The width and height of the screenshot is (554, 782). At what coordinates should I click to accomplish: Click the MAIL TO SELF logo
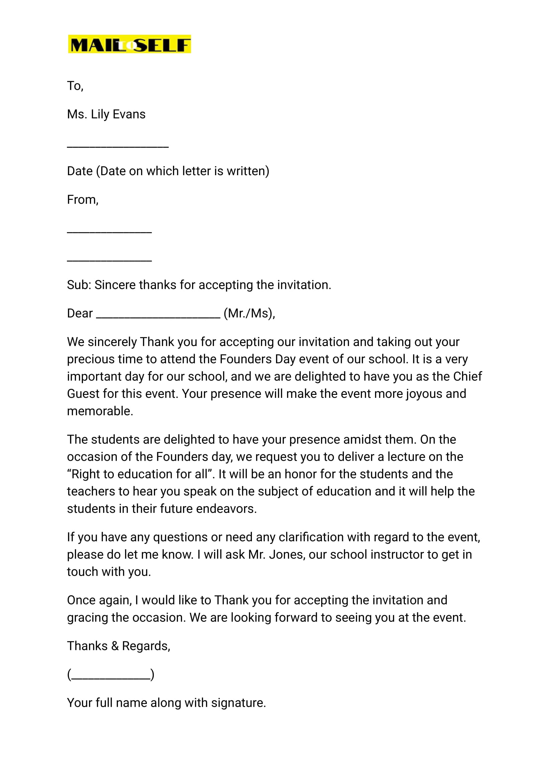pos(129,44)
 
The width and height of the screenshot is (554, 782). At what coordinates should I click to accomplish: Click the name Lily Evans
pos(118,114)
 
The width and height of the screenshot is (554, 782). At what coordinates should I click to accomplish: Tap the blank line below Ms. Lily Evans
pos(118,146)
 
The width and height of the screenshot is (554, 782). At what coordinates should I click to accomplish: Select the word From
pos(82,200)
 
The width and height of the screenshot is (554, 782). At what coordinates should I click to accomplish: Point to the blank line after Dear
pos(158,317)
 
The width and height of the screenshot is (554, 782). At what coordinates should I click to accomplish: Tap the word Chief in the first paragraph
pos(467,376)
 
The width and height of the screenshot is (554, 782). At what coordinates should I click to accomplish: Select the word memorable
pos(100,411)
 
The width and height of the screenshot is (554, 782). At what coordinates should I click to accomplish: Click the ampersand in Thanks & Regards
pos(115,646)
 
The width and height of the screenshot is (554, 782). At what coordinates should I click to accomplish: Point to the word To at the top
pos(74,86)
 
